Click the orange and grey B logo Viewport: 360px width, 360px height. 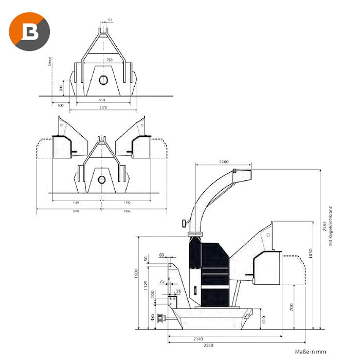click(x=29, y=30)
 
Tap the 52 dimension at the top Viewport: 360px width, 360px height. click(x=110, y=20)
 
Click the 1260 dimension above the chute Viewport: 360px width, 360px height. click(x=224, y=161)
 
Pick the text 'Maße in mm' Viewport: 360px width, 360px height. click(x=311, y=352)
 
